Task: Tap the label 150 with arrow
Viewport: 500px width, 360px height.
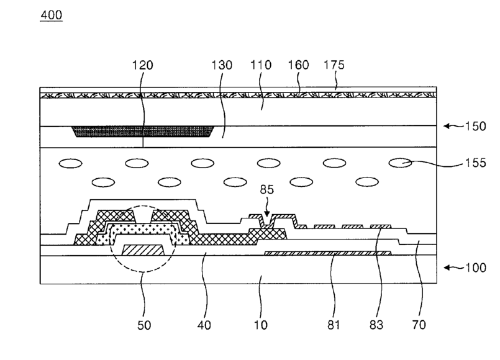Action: pos(473,125)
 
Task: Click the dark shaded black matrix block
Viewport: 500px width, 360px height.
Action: pos(143,132)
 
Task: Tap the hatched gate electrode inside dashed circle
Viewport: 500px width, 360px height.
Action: pos(143,250)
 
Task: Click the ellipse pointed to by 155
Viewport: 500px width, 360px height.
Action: pos(400,163)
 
